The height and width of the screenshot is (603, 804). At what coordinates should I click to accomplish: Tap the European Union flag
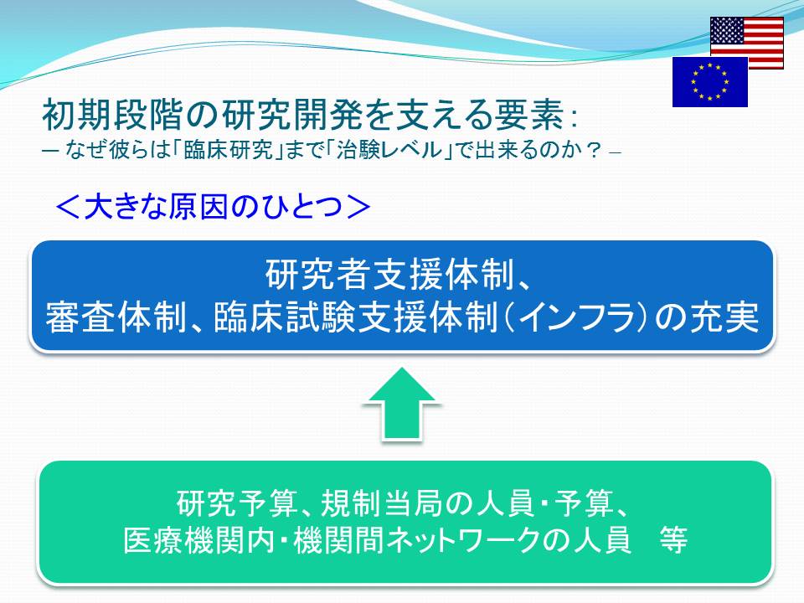point(710,81)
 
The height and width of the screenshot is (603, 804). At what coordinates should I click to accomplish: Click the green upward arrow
point(401,404)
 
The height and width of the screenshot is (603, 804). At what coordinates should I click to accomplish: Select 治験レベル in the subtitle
point(389,151)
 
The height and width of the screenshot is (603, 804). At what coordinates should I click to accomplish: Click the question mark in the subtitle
point(594,151)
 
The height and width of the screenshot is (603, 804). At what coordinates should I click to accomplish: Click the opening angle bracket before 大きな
point(67,207)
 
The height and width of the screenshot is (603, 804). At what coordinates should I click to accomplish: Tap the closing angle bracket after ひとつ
point(358,207)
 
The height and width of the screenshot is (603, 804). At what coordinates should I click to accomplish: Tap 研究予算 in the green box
point(237,503)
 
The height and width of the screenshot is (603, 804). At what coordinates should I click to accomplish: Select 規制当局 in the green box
point(381,503)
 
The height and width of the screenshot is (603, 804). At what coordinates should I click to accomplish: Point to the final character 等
point(673,540)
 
